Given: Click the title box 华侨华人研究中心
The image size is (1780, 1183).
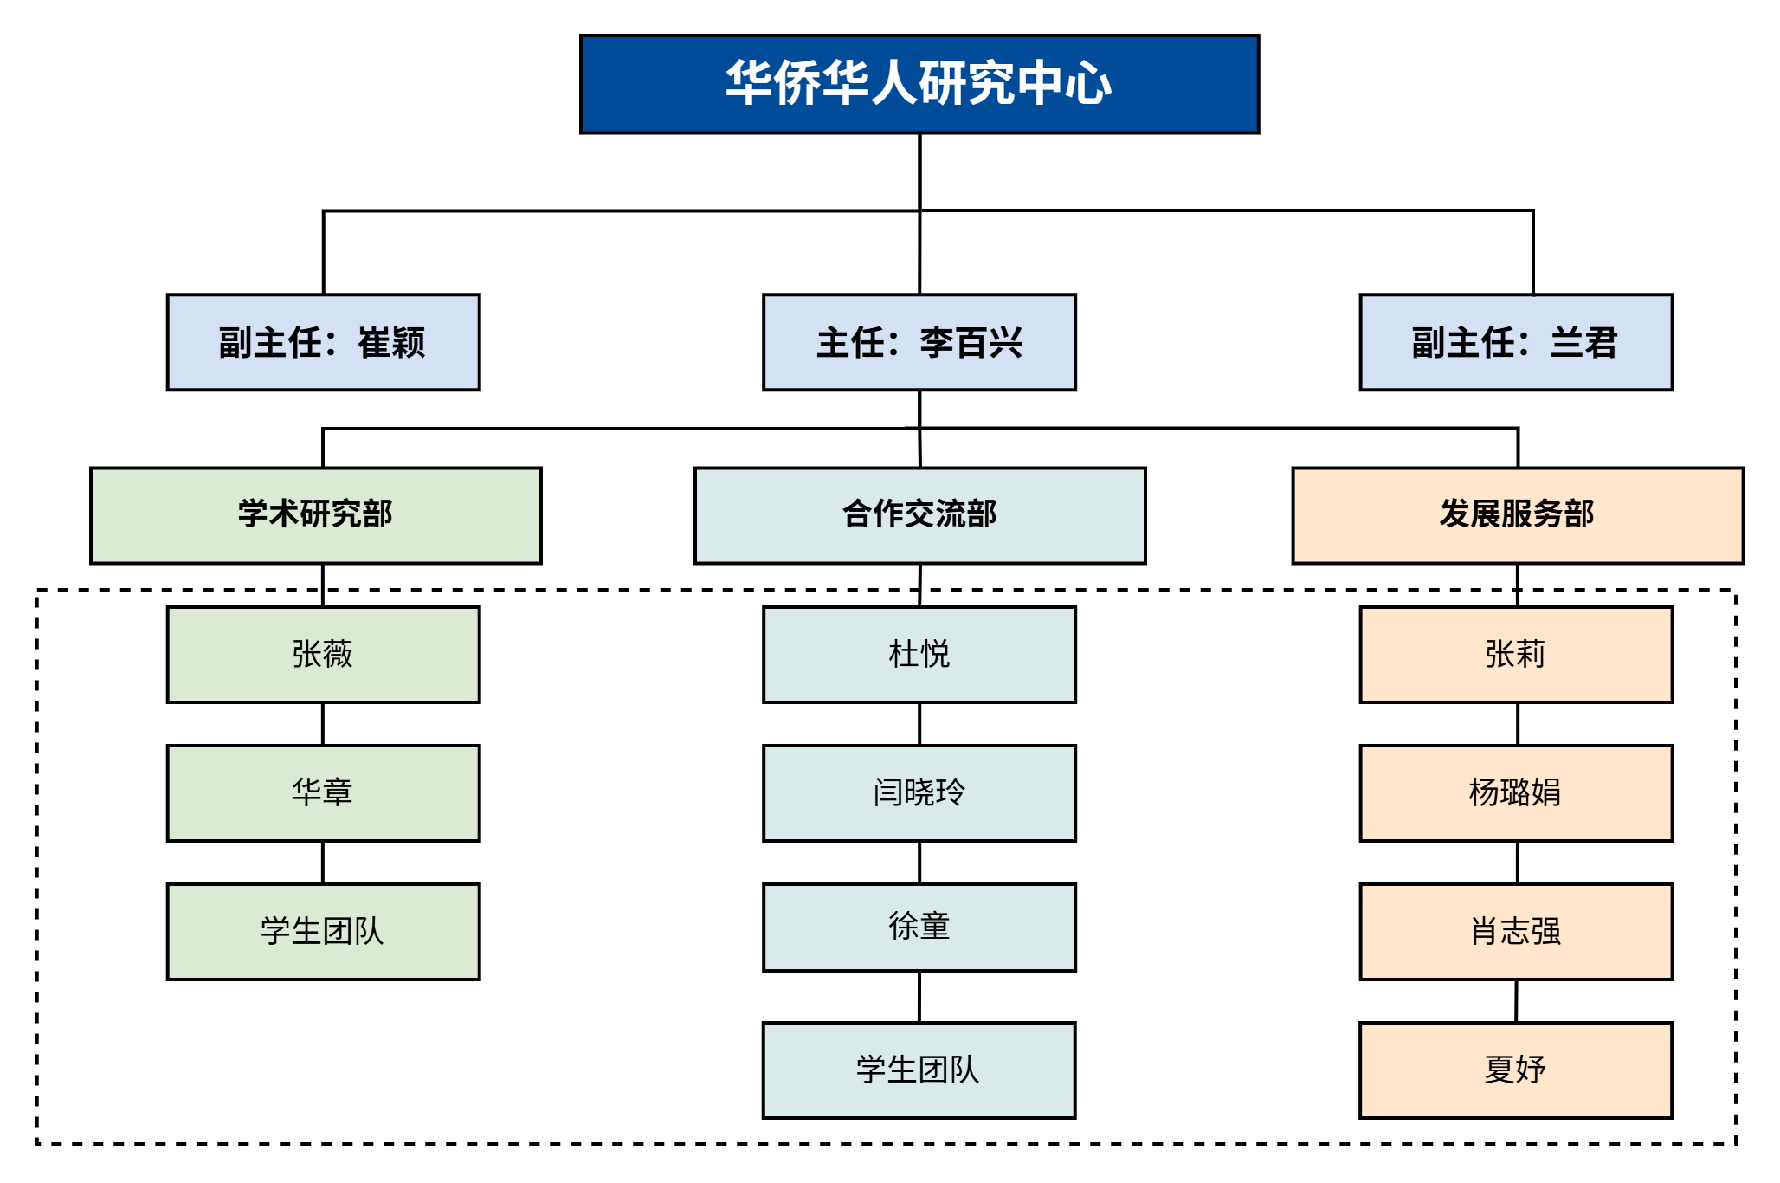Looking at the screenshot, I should point(919,84).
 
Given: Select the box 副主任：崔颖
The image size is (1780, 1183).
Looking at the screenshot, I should point(323,342).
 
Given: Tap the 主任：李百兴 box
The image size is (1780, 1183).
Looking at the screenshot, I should point(919,342).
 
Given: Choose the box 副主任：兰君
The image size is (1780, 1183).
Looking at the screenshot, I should point(1515,342).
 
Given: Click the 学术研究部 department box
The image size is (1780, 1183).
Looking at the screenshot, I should point(316,515).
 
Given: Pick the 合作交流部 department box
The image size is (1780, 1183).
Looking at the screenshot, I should point(919,515).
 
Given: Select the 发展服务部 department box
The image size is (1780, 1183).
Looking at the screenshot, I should point(1517,515).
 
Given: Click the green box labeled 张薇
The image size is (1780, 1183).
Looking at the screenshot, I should point(323,654).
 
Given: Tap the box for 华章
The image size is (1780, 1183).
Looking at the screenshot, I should point(323,792).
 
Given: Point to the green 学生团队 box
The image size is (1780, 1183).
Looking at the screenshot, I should point(323,931).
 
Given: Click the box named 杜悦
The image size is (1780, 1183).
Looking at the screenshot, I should point(919,654).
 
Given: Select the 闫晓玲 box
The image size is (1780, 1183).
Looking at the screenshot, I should point(919,792).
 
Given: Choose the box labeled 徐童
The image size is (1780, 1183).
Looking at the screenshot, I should point(919,927).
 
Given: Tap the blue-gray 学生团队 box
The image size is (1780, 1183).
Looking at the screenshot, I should point(919,1070).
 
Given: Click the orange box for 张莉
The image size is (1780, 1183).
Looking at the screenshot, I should point(1515,654).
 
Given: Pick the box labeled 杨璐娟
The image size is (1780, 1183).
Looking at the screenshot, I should point(1515,792).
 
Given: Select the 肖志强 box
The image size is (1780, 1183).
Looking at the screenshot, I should point(1515,931).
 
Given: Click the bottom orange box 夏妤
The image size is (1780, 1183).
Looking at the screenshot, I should point(1515,1070).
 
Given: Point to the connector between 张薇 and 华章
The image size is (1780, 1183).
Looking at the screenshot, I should point(323,723).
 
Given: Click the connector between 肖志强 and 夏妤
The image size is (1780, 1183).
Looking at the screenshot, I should point(1516,1001).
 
